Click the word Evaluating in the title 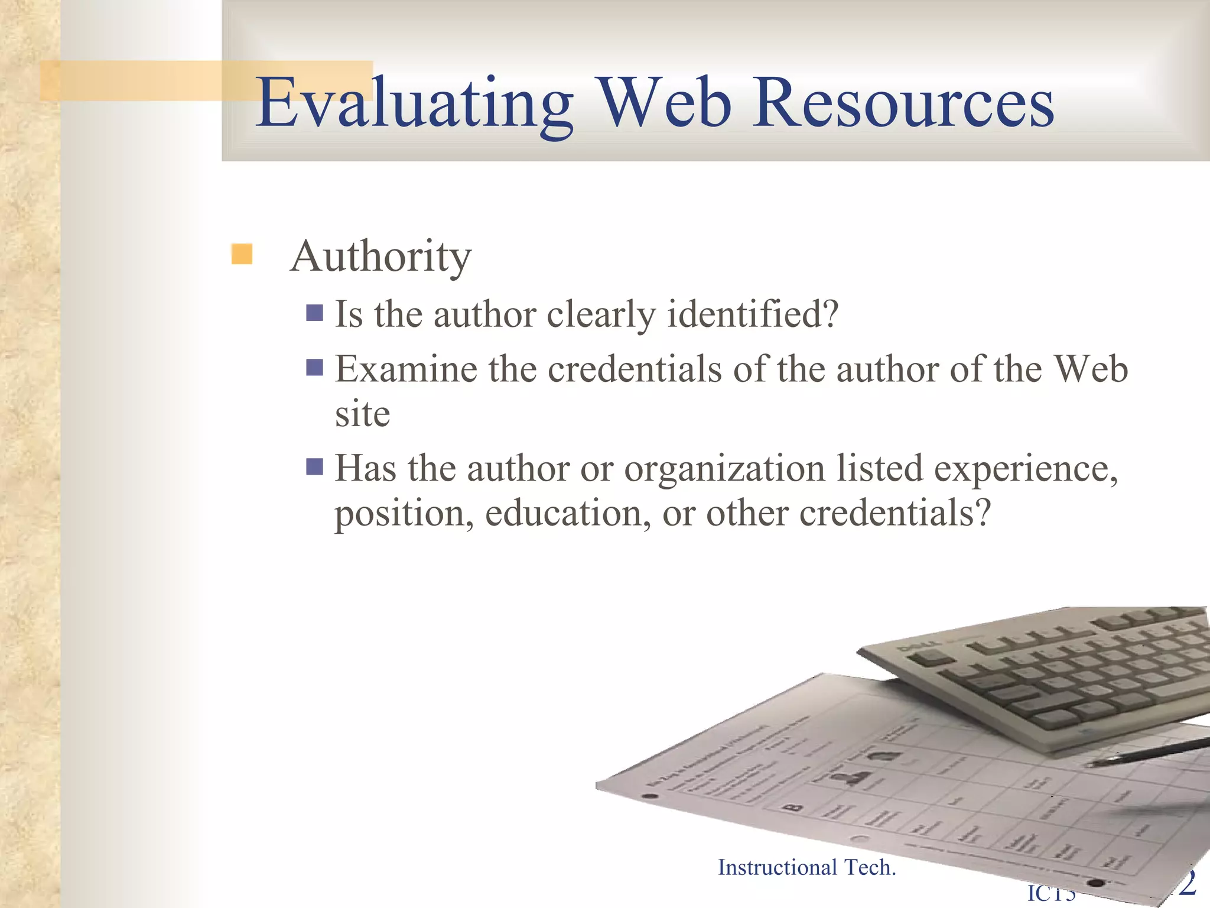(x=414, y=103)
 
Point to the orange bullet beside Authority (x=242, y=254)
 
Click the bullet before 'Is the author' (x=314, y=313)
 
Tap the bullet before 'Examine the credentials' (x=314, y=368)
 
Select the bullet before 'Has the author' (x=314, y=467)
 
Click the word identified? (x=753, y=314)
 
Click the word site (x=362, y=414)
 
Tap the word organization (x=724, y=469)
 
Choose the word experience (x=1026, y=469)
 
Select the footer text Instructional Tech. (x=806, y=867)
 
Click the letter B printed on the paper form (x=793, y=806)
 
